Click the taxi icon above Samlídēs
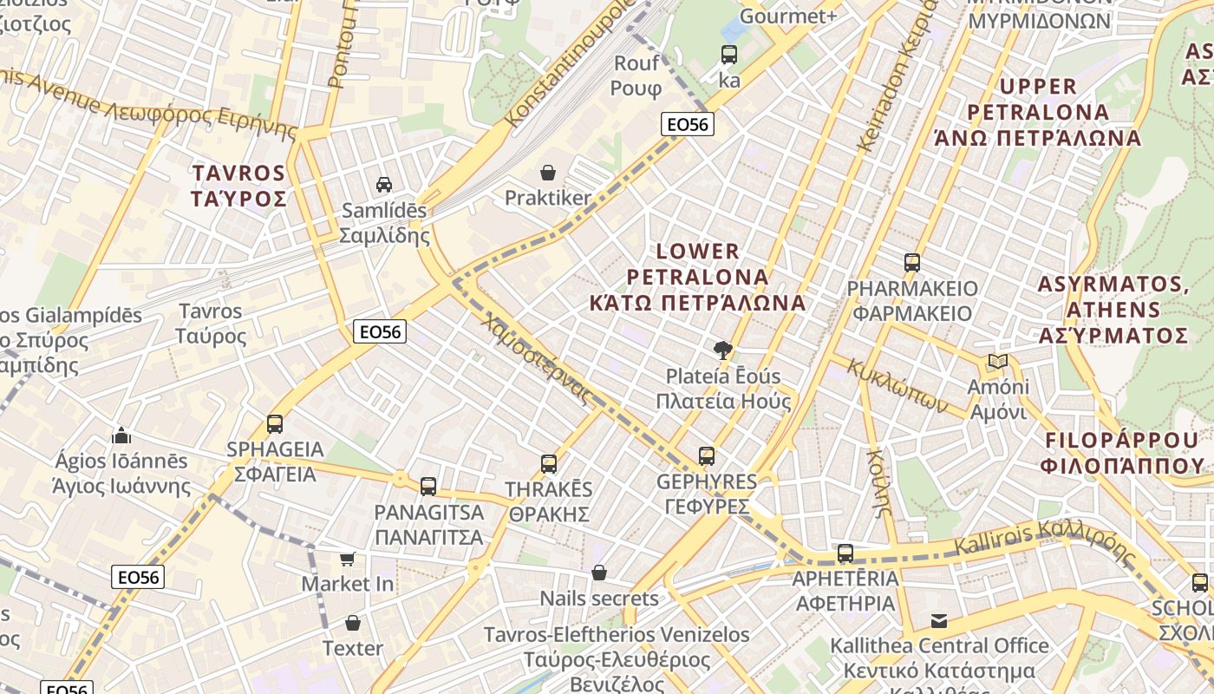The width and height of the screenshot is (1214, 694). [x=383, y=184]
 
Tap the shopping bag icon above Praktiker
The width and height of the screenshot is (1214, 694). [x=548, y=173]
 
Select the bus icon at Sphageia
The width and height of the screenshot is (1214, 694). [x=275, y=424]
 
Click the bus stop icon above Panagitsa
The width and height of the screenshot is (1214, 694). [x=428, y=487]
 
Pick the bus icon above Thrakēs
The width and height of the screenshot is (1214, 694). [x=549, y=464]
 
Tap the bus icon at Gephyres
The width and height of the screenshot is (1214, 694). [x=707, y=456]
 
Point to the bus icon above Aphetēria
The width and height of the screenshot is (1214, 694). [x=845, y=553]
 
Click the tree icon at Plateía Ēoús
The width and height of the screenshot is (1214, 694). [x=721, y=350]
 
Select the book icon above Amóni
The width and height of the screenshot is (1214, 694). [x=998, y=361]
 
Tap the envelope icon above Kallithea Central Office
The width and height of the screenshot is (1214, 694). [x=939, y=620]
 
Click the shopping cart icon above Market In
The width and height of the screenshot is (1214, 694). [x=348, y=559]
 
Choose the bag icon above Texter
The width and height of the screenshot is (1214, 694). [x=353, y=623]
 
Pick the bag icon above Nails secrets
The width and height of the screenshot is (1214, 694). [x=599, y=573]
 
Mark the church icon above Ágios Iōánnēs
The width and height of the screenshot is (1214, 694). [x=121, y=435]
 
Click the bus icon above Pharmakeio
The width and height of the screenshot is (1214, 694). [x=912, y=262]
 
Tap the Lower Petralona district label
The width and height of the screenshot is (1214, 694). [x=697, y=278]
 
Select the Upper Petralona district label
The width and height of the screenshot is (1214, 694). [x=1038, y=112]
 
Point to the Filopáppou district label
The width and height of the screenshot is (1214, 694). [x=1124, y=451]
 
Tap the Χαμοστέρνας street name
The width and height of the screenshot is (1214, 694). [x=538, y=358]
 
